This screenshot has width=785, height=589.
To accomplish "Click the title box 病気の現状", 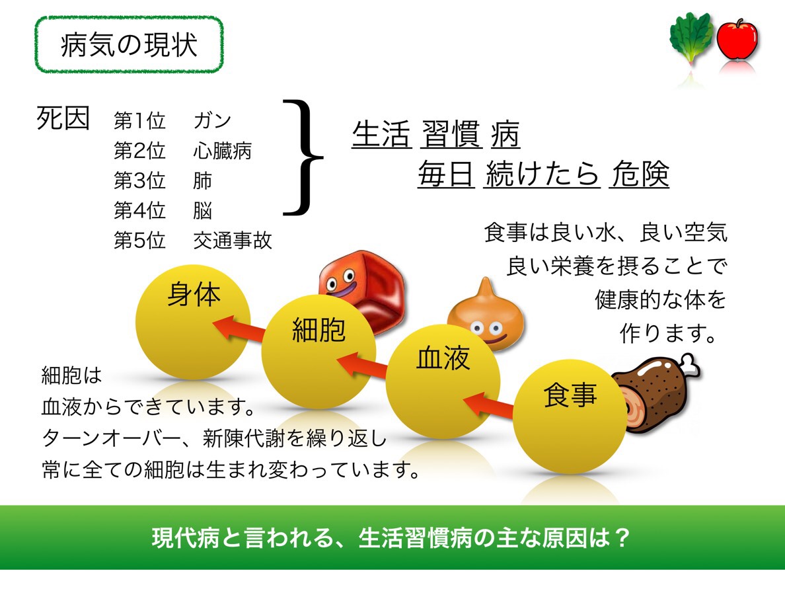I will pyautogui.click(x=129, y=45).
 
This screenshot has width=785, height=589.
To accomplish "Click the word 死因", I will pyautogui.click(x=63, y=120).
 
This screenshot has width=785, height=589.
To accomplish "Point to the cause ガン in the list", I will pyautogui.click(x=213, y=121).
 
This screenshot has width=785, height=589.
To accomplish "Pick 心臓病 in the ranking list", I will pyautogui.click(x=222, y=151).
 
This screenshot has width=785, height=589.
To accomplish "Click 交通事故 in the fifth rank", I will pyautogui.click(x=233, y=241).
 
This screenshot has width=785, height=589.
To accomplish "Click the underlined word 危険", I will pyautogui.click(x=640, y=175).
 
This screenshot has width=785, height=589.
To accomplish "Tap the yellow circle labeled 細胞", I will pyautogui.click(x=318, y=351).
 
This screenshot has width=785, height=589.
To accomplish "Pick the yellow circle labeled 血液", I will pyautogui.click(x=443, y=383).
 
